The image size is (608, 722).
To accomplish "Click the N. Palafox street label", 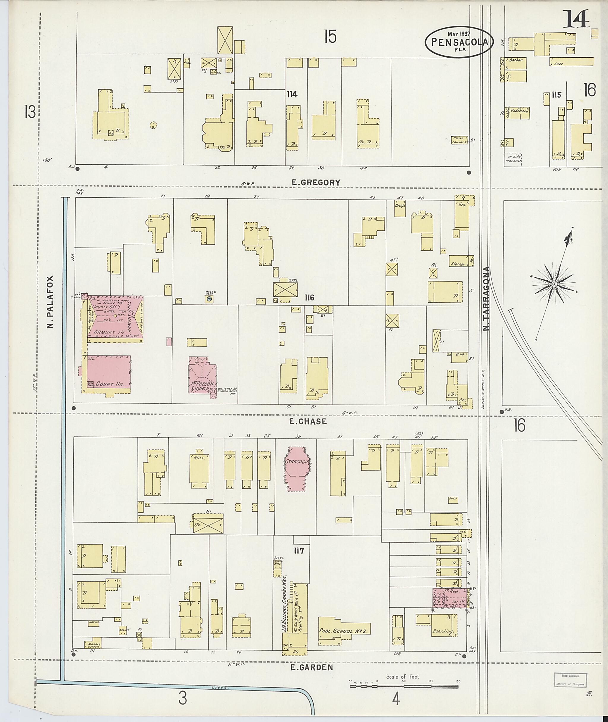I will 51,301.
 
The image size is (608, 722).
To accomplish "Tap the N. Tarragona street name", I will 486,299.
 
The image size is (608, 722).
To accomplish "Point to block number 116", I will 309,298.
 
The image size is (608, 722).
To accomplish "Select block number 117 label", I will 298,551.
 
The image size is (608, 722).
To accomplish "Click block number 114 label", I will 292,94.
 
